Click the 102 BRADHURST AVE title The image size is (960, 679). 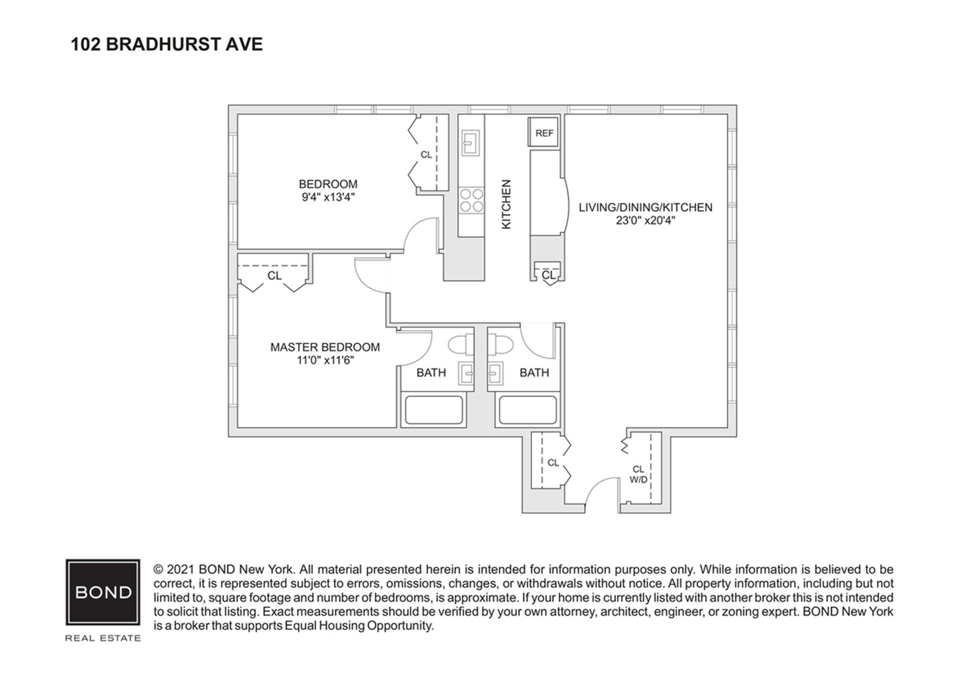166,45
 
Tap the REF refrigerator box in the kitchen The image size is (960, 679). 544,133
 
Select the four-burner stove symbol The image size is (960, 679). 471,200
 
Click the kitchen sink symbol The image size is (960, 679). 470,143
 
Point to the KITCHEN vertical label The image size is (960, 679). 506,204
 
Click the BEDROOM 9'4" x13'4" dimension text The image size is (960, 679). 328,197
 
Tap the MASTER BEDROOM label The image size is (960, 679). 325,347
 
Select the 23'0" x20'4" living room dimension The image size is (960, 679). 645,221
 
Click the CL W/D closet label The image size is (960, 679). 638,474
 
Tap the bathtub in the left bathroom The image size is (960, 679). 433,410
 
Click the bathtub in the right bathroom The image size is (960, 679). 527,410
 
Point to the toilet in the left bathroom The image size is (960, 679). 460,345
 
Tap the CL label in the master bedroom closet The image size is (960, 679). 274,276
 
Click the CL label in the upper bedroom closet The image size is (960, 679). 426,155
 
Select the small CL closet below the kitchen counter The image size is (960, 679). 548,275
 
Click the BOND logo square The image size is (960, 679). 103,592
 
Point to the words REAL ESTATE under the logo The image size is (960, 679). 103,638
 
